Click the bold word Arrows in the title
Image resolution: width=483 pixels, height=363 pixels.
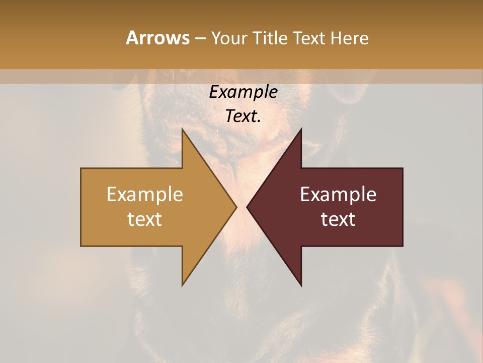pyautogui.click(x=157, y=38)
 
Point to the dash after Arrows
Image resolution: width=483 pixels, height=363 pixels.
pyautogui.click(x=200, y=39)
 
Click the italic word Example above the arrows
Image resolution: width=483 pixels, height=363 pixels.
pyautogui.click(x=243, y=92)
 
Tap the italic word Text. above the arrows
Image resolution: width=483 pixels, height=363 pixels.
pyautogui.click(x=243, y=116)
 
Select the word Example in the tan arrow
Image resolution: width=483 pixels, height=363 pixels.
pyautogui.click(x=145, y=195)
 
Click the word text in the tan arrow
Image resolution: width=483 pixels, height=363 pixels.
pyautogui.click(x=145, y=219)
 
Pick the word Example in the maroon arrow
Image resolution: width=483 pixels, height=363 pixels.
pyautogui.click(x=338, y=195)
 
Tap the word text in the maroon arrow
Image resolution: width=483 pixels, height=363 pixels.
pyautogui.click(x=338, y=219)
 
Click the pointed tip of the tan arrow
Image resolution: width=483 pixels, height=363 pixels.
pyautogui.click(x=236, y=207)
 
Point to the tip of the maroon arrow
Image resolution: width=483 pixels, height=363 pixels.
pyautogui.click(x=247, y=207)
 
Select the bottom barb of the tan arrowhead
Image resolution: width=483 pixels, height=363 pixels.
pyautogui.click(x=183, y=285)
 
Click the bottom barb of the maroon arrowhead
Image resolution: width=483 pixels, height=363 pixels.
pyautogui.click(x=301, y=285)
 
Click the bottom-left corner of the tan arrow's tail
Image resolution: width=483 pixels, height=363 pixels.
pyautogui.click(x=82, y=246)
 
